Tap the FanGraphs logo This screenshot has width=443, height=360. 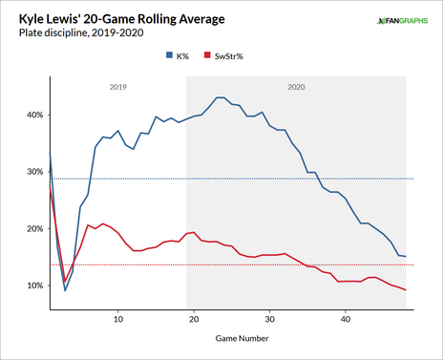(x=400, y=21)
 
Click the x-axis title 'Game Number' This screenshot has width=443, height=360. (x=229, y=337)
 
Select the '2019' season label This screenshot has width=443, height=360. (x=119, y=87)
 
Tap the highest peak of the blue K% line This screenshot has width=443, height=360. (x=220, y=97)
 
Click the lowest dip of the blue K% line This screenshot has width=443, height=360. (x=65, y=290)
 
